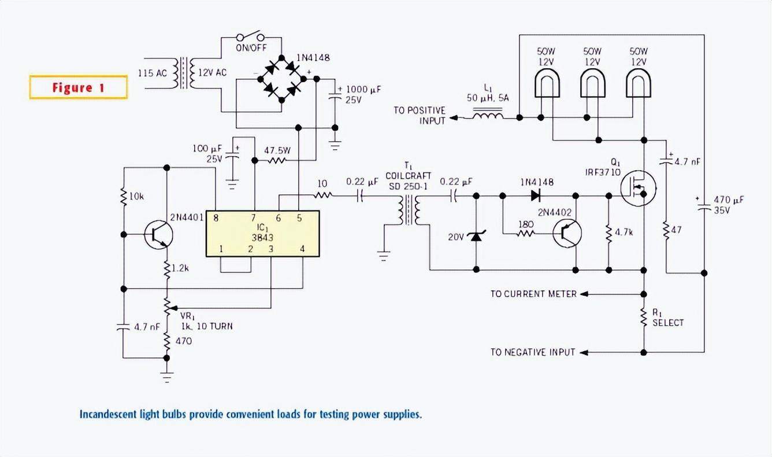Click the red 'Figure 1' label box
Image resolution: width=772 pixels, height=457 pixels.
[78, 87]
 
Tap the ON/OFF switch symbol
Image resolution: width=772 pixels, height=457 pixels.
[251, 36]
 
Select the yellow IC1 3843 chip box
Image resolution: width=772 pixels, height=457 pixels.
[262, 234]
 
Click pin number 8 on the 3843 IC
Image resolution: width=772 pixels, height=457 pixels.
[216, 218]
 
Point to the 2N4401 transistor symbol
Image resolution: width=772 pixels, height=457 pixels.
[158, 234]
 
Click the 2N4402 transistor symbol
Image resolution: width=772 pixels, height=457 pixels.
[567, 233]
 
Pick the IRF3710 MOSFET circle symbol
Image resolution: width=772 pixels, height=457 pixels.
[638, 189]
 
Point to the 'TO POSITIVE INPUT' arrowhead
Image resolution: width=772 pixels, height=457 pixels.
[454, 118]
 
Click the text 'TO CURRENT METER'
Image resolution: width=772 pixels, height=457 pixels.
[533, 294]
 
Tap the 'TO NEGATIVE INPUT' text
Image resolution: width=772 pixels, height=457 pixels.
[533, 352]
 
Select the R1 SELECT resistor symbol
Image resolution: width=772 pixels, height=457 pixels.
[644, 318]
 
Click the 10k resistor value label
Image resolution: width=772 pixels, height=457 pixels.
[136, 197]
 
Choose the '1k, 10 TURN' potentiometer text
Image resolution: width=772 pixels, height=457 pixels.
[207, 326]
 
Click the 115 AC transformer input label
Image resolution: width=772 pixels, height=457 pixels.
[153, 73]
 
